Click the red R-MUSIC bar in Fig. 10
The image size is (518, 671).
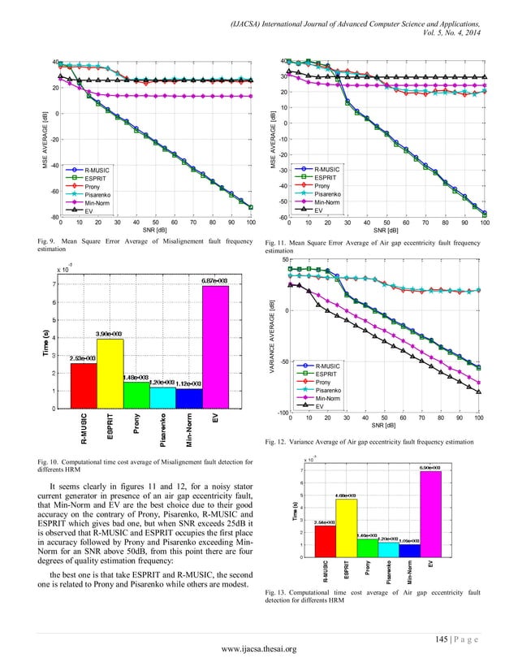pos(83,385)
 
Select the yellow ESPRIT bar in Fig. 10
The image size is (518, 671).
pos(110,374)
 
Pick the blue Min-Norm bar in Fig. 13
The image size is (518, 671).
pos(409,550)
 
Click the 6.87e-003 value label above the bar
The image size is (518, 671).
pos(215,280)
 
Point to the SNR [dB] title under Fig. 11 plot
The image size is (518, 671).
pos(386,229)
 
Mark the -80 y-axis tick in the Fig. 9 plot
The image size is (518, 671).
pos(51,217)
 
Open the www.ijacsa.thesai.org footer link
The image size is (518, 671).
pos(259,647)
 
